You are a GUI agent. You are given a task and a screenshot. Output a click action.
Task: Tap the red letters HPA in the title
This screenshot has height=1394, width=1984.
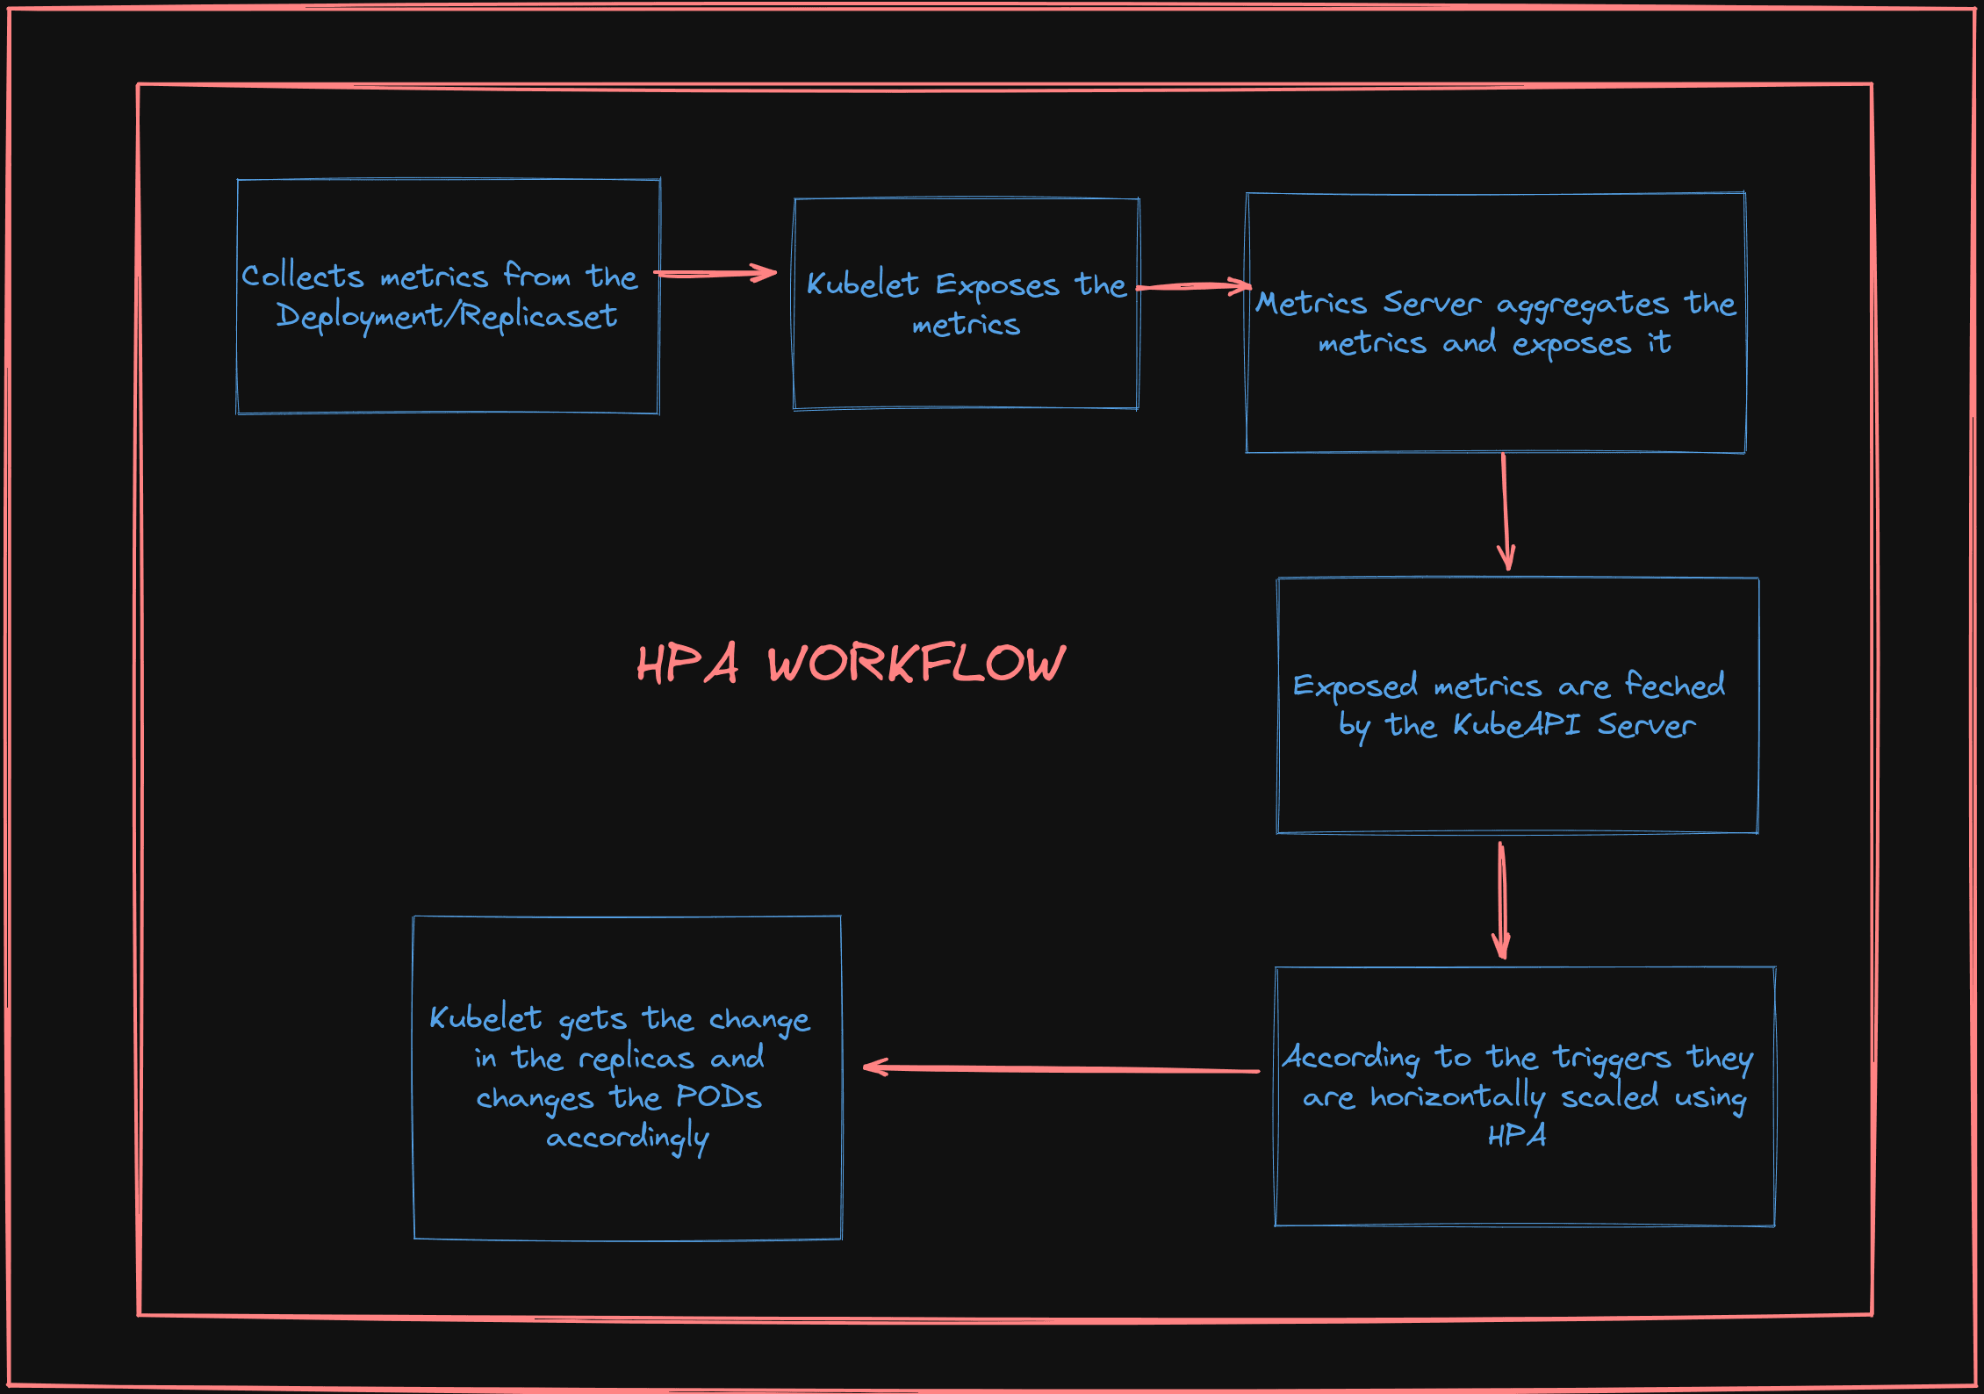[687, 664]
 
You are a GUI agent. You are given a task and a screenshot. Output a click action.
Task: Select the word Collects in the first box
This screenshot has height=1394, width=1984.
[302, 277]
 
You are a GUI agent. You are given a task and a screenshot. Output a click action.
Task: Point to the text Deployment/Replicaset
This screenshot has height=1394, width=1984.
[447, 316]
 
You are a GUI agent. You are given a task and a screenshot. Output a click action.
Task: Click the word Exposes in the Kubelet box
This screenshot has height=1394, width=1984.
[997, 285]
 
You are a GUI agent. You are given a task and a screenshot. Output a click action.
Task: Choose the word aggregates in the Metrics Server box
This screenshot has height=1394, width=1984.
[1582, 305]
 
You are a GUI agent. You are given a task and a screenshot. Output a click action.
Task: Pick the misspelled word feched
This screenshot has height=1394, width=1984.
[1675, 685]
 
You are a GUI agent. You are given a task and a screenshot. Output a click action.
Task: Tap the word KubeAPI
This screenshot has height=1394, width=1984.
[1517, 725]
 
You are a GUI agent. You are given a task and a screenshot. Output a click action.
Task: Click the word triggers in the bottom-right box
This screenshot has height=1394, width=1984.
[1612, 1059]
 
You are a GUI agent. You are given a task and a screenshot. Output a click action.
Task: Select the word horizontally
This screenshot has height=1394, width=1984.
[1458, 1097]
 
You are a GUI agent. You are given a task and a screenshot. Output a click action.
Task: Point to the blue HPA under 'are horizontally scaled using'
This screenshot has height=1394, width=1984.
[1517, 1136]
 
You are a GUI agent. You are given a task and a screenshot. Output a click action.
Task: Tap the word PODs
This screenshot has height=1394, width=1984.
[719, 1097]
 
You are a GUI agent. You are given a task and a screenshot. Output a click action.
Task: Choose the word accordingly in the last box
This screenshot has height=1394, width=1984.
[628, 1138]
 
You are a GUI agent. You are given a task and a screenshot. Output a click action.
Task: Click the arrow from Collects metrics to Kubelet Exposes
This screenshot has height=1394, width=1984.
[715, 274]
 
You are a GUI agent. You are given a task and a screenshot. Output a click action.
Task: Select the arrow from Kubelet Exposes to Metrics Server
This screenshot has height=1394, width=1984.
[1194, 286]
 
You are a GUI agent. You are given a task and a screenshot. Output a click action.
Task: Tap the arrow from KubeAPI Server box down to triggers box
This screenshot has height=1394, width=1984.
[1502, 901]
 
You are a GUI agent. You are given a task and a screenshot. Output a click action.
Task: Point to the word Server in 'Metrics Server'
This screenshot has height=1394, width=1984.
[1432, 304]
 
